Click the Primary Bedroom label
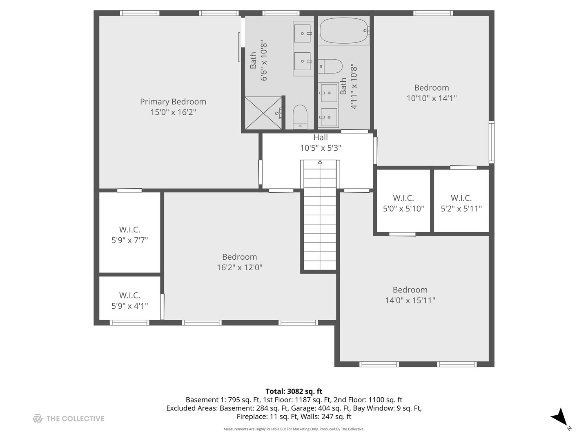coord(173,102)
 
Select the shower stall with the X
coord(263,113)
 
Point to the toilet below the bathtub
coord(331,66)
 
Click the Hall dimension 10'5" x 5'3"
coord(321,148)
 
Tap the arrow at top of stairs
coord(320,163)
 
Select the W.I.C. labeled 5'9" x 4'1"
coord(129,300)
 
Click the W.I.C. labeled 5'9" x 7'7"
coord(129,235)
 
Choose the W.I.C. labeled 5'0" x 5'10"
coord(403,203)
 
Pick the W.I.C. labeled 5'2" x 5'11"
coord(461,203)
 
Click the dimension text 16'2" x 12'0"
coord(240,267)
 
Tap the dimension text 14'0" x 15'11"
coord(410,301)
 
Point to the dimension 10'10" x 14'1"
coord(432,98)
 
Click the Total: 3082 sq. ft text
coord(294,391)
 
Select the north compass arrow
coord(559,416)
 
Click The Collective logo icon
coord(38,419)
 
